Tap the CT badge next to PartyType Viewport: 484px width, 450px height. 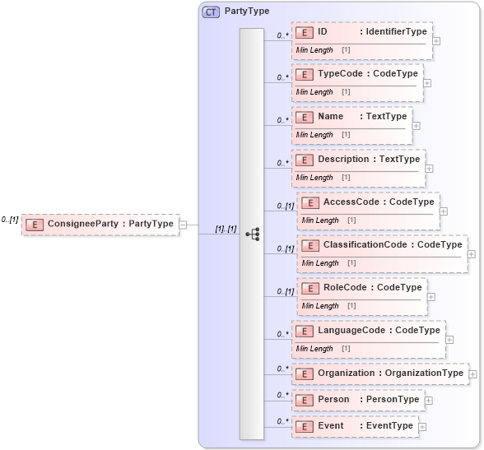pos(211,12)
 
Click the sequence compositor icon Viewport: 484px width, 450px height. pos(252,234)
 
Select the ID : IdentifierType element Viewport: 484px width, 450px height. pos(361,31)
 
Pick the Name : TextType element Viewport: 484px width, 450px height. pos(351,117)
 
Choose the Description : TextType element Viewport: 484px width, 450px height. pos(358,159)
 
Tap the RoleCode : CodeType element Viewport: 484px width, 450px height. pos(362,287)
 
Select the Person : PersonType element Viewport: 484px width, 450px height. pos(358,400)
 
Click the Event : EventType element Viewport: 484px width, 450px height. pos(355,426)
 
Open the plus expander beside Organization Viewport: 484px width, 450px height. pos(473,374)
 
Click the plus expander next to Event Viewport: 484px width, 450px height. pos(423,427)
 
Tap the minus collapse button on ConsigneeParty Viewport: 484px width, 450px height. pos(183,224)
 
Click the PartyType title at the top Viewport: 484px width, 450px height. pos(247,12)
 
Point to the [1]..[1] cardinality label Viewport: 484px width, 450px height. pos(226,229)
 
